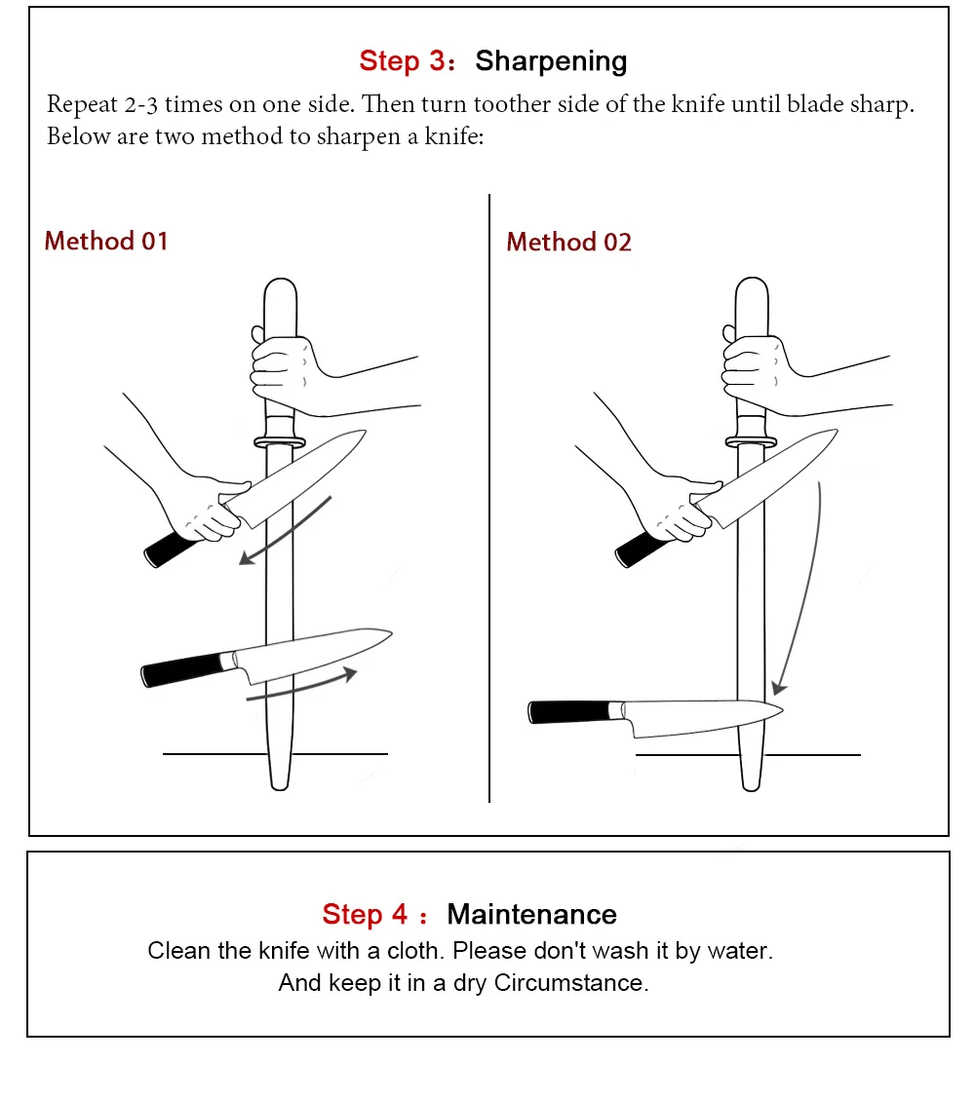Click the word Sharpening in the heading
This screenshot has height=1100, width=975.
pos(551,62)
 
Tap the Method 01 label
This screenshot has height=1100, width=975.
pos(106,242)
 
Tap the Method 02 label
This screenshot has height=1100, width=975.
pos(568,242)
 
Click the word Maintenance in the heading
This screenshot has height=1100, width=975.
pos(532,915)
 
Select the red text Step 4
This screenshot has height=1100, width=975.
pos(365,915)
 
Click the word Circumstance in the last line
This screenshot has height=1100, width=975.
pos(570,983)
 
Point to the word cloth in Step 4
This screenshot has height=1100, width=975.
pos(415,951)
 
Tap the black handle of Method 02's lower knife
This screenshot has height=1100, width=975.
pos(568,711)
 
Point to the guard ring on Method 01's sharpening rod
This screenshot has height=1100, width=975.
pos(280,442)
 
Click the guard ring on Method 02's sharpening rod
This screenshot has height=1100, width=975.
pos(751,442)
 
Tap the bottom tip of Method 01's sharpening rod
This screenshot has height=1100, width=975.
pos(280,788)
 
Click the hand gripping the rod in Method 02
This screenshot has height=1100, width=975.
pos(760,373)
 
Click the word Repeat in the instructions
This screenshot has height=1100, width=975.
pos(82,105)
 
